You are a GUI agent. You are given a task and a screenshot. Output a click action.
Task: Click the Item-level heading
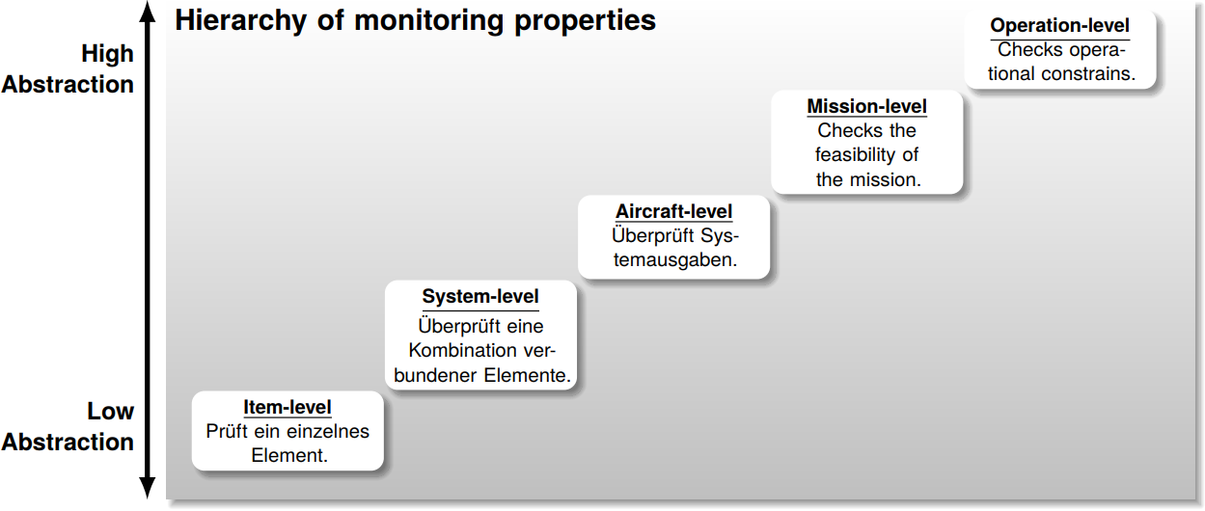pos(288,408)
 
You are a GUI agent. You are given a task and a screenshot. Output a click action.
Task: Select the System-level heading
pos(480,296)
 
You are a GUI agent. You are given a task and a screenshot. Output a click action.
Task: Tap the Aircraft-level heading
pos(674,211)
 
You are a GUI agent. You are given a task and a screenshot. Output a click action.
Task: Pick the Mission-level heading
pos(866,106)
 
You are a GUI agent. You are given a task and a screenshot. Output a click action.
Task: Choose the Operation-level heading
pos(1059,26)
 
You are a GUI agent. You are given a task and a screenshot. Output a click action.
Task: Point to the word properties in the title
pos(585,21)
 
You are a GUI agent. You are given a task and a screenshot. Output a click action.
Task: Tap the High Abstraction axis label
pos(68,69)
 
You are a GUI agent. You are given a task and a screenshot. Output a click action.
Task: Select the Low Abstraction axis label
pos(68,426)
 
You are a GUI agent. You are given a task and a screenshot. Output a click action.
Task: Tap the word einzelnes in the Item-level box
pos(327,431)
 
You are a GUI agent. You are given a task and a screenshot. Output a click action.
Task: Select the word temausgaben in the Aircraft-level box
pos(674,259)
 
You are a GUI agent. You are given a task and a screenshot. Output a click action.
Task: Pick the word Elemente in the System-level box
pos(529,375)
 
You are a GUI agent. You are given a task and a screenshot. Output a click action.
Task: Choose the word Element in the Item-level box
pos(288,455)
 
